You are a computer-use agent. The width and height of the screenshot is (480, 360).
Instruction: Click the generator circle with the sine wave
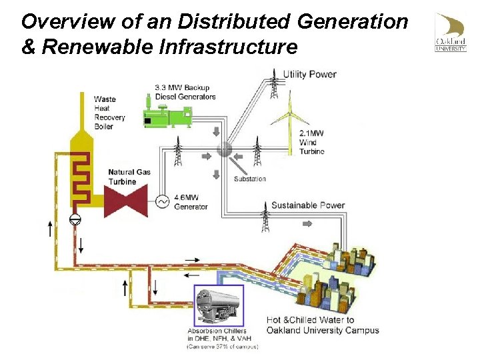pos(162,201)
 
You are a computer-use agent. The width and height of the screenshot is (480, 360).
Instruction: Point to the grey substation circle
pos(225,149)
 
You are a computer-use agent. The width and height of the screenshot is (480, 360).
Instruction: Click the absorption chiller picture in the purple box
pos(218,306)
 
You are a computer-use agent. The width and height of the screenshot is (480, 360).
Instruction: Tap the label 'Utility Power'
pos(309,74)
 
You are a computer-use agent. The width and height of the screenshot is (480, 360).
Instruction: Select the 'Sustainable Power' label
pos(307,205)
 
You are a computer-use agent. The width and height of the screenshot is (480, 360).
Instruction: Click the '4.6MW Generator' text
pos(191,202)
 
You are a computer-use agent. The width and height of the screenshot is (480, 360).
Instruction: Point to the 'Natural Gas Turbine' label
pos(129,177)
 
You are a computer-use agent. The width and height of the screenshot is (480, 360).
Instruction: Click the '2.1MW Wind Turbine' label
pos(311,143)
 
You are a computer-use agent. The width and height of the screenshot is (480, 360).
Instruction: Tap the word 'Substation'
pos(249,179)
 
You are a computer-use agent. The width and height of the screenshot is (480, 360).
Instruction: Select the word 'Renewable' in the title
pos(78,47)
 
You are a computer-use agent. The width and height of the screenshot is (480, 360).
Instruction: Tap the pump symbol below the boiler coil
pos(75,219)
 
